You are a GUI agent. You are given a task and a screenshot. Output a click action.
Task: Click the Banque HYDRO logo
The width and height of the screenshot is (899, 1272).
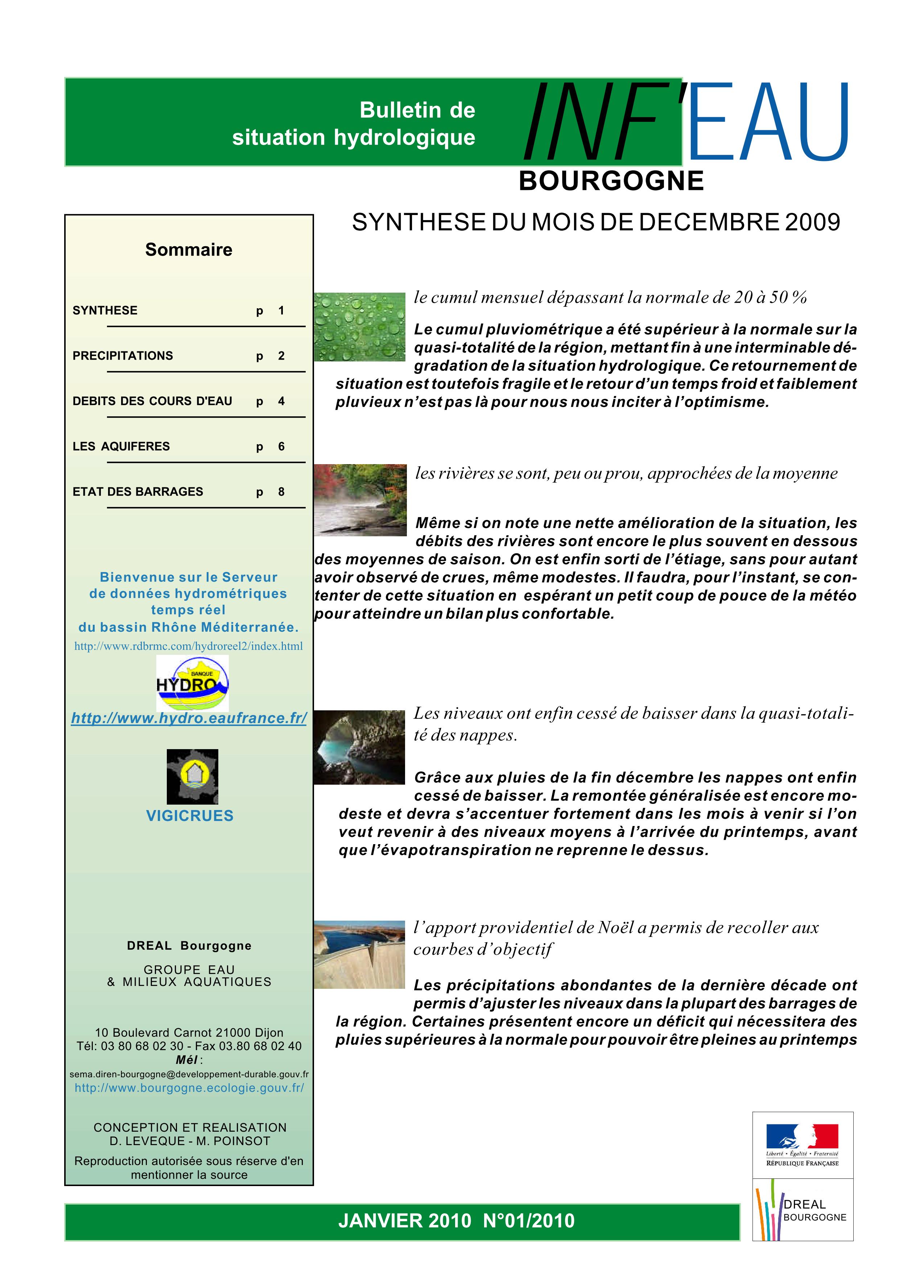pyautogui.click(x=192, y=683)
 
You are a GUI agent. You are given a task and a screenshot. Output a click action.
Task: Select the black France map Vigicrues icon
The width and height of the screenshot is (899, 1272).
pyautogui.click(x=192, y=776)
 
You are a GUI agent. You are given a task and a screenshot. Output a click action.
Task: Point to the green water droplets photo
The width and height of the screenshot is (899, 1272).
pyautogui.click(x=359, y=327)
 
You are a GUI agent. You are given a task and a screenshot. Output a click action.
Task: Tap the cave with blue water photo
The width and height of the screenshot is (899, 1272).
pyautogui.click(x=359, y=747)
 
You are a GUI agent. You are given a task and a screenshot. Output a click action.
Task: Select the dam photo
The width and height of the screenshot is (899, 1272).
pyautogui.click(x=359, y=955)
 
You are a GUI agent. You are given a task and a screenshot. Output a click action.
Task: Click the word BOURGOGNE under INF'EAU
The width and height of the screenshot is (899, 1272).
pyautogui.click(x=611, y=181)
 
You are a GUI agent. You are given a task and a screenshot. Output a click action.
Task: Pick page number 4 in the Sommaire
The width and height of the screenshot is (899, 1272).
pyautogui.click(x=281, y=401)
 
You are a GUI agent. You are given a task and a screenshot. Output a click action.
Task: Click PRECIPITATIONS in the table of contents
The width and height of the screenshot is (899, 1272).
pyautogui.click(x=123, y=356)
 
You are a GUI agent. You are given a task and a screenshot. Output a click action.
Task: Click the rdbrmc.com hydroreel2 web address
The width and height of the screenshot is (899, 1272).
pyautogui.click(x=188, y=646)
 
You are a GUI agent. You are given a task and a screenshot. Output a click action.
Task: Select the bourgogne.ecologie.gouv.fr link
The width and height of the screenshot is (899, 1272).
pyautogui.click(x=189, y=1087)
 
